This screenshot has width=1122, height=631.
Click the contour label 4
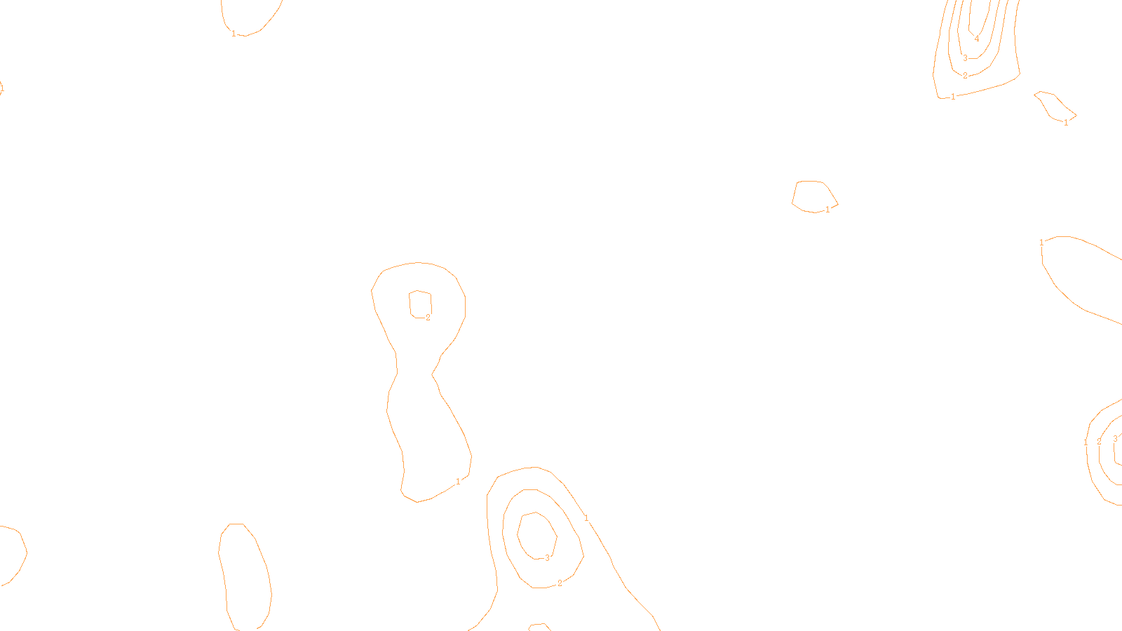point(977,39)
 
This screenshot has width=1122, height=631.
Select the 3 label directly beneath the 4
point(965,58)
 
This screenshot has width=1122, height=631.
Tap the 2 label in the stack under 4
point(965,76)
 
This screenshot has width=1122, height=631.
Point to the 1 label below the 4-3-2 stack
point(953,97)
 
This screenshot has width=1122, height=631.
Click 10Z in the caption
point(532,620)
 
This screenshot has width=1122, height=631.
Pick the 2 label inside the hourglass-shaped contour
point(428,318)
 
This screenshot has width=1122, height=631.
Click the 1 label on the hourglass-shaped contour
point(458,482)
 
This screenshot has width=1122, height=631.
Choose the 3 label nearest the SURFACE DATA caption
point(547,558)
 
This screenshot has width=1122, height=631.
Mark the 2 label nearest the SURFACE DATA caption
point(560,583)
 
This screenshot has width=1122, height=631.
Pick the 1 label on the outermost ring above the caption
point(586,519)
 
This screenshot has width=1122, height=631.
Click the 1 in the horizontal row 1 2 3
point(1086,442)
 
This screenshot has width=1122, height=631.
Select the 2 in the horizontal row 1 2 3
point(1099,441)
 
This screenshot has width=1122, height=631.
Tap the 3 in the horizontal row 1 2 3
point(1115,439)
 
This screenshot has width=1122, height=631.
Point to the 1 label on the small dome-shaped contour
point(827,210)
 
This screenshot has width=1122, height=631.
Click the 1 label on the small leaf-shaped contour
point(1066,123)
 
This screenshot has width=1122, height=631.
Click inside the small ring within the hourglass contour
point(420,304)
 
